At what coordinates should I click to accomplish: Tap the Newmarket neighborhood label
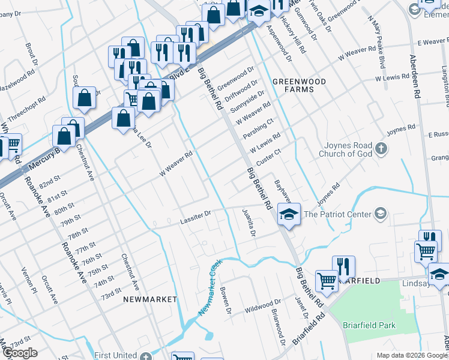150,299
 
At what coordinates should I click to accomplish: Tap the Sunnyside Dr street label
248,103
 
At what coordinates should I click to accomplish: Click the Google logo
20,353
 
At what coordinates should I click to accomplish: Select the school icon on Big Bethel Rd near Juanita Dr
289,214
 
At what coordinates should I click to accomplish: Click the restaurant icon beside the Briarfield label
343,266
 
